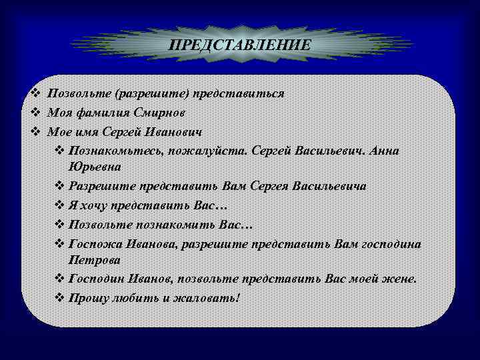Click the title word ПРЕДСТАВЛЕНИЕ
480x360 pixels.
[239, 45]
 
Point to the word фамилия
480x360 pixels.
[98, 113]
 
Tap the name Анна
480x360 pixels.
[383, 150]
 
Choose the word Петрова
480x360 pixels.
[94, 259]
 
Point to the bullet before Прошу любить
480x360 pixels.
[58, 297]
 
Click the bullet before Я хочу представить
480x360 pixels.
[58, 206]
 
